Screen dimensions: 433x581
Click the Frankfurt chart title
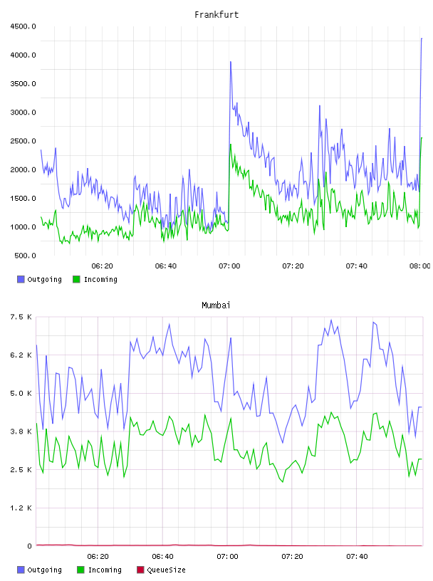pos(216,15)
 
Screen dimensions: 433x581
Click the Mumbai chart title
pos(216,305)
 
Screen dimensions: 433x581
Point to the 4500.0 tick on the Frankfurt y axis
pos(23,26)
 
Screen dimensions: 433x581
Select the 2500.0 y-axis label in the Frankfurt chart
pos(23,141)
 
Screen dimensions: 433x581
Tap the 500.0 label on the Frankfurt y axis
pos(25,256)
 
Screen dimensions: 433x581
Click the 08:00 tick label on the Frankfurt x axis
pos(419,266)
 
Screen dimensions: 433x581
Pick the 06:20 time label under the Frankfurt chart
pos(102,266)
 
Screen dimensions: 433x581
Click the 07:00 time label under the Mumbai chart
pos(227,557)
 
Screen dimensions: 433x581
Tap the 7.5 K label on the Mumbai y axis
pos(21,317)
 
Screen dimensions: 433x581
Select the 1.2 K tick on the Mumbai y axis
pos(21,508)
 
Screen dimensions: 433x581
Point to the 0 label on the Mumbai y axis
pos(29,546)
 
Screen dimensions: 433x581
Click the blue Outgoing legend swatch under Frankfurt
pos(21,279)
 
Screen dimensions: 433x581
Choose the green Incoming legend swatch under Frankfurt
pos(76,279)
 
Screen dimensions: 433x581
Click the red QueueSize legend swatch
pos(140,570)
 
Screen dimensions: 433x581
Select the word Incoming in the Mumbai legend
pos(105,570)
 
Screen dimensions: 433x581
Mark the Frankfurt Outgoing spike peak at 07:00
pos(231,62)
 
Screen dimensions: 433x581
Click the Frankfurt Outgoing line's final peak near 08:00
pos(422,38)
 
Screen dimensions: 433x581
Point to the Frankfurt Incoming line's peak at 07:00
pos(231,144)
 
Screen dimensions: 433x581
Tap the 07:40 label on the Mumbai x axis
pos(357,557)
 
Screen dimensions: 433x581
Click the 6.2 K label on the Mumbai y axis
pos(21,355)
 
